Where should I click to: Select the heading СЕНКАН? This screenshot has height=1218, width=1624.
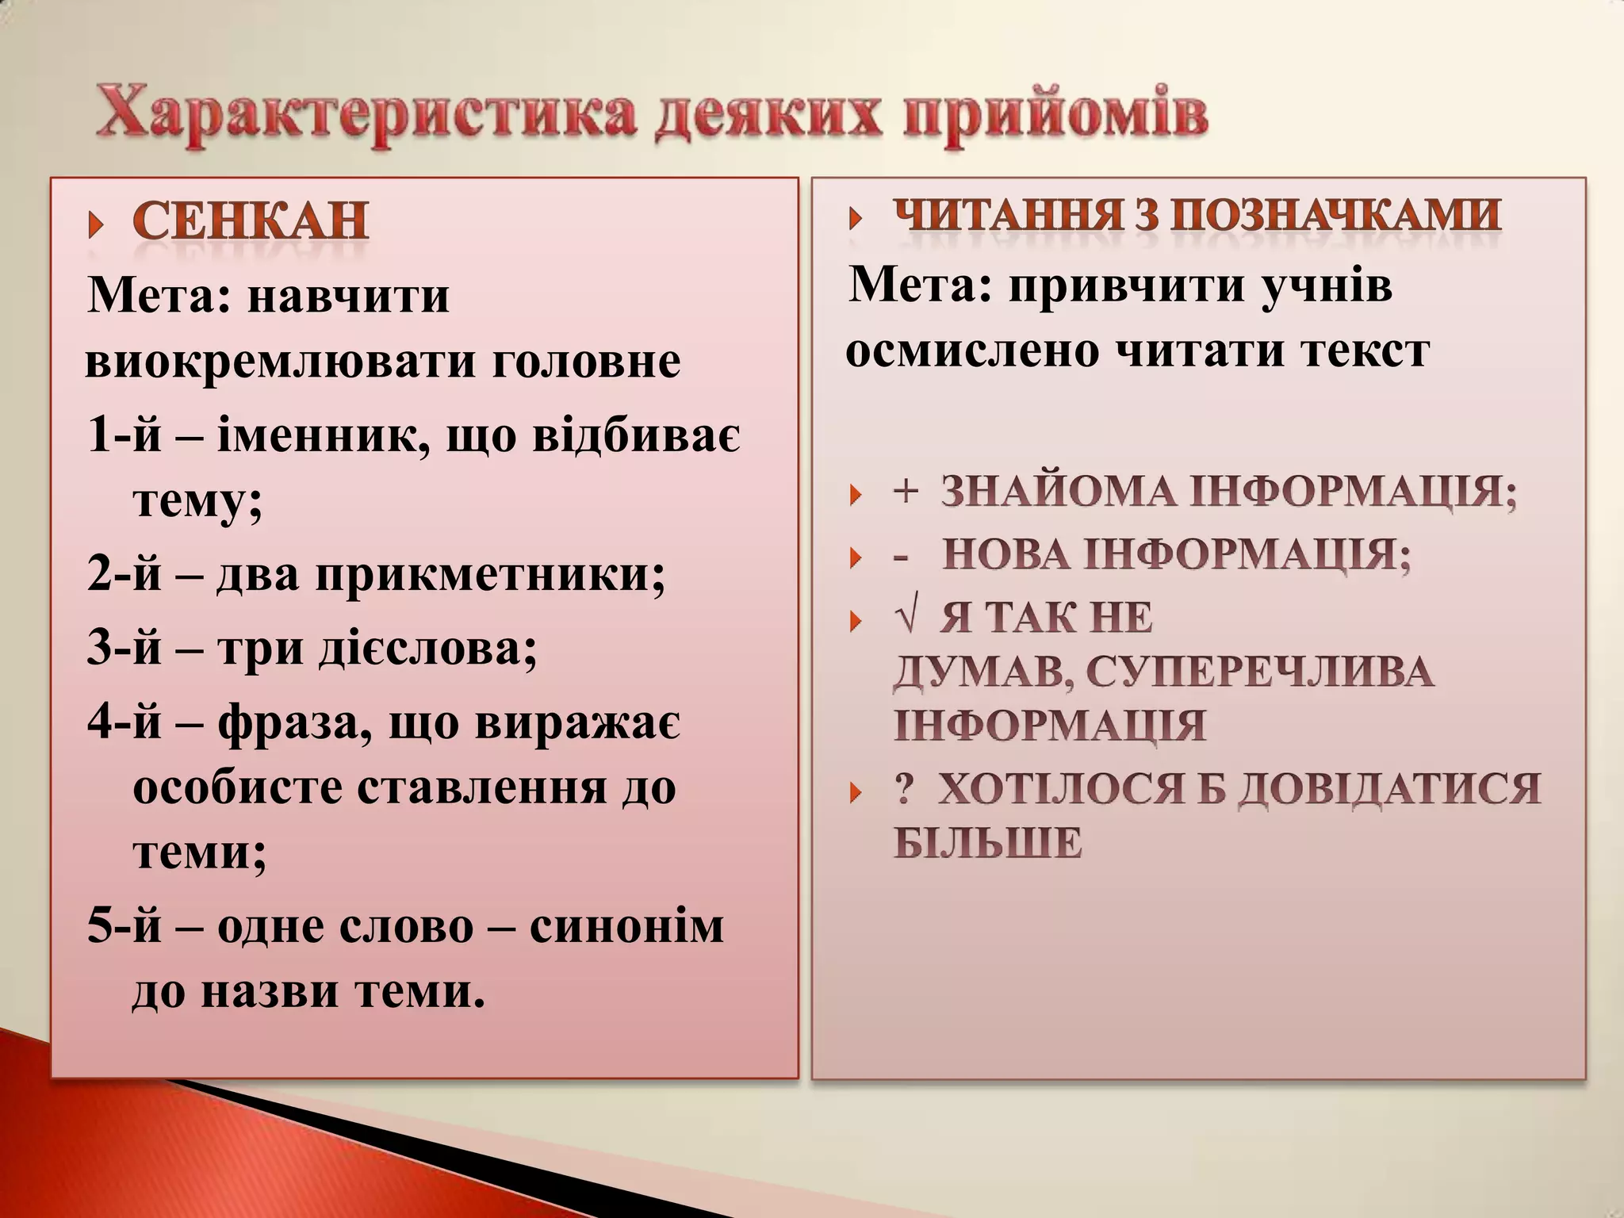click(x=250, y=221)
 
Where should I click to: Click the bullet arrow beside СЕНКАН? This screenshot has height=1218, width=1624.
click(x=96, y=225)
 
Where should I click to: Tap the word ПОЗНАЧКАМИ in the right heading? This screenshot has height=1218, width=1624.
click(x=1336, y=216)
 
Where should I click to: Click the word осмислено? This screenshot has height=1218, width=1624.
click(x=972, y=350)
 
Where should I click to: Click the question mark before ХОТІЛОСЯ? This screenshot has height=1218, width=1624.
click(x=903, y=790)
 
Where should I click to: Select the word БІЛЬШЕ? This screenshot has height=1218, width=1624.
click(x=988, y=842)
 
